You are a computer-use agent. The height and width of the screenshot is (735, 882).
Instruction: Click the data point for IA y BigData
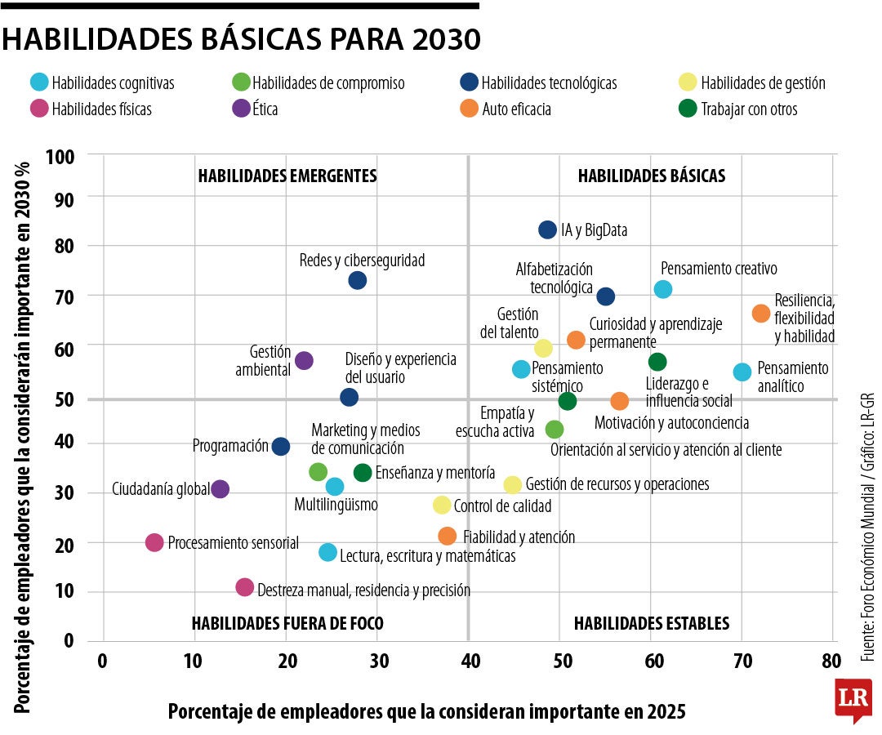click(x=547, y=229)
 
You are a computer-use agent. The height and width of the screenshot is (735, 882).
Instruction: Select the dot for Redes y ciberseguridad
click(x=357, y=280)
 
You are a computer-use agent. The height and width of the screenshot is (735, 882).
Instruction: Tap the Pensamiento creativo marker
click(x=663, y=289)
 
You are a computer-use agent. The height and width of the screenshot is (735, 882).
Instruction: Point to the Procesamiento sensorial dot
click(x=154, y=542)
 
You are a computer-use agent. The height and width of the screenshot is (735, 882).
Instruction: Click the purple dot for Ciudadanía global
click(x=220, y=489)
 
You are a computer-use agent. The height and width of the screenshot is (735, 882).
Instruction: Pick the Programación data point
click(x=280, y=446)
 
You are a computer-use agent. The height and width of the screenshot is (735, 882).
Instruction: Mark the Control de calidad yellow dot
click(x=442, y=505)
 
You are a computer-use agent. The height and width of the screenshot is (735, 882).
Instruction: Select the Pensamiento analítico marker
click(x=742, y=372)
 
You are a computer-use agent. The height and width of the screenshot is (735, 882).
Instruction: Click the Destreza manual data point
click(x=244, y=587)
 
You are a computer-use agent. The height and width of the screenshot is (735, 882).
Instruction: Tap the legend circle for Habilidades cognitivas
click(x=38, y=82)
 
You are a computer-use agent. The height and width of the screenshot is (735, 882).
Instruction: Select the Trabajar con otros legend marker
click(x=688, y=109)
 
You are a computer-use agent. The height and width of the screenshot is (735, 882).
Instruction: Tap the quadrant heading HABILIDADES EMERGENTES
click(x=287, y=176)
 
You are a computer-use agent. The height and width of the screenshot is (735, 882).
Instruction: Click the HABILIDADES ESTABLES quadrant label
click(x=651, y=623)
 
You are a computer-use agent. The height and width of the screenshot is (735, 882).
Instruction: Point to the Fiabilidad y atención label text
click(x=519, y=537)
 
